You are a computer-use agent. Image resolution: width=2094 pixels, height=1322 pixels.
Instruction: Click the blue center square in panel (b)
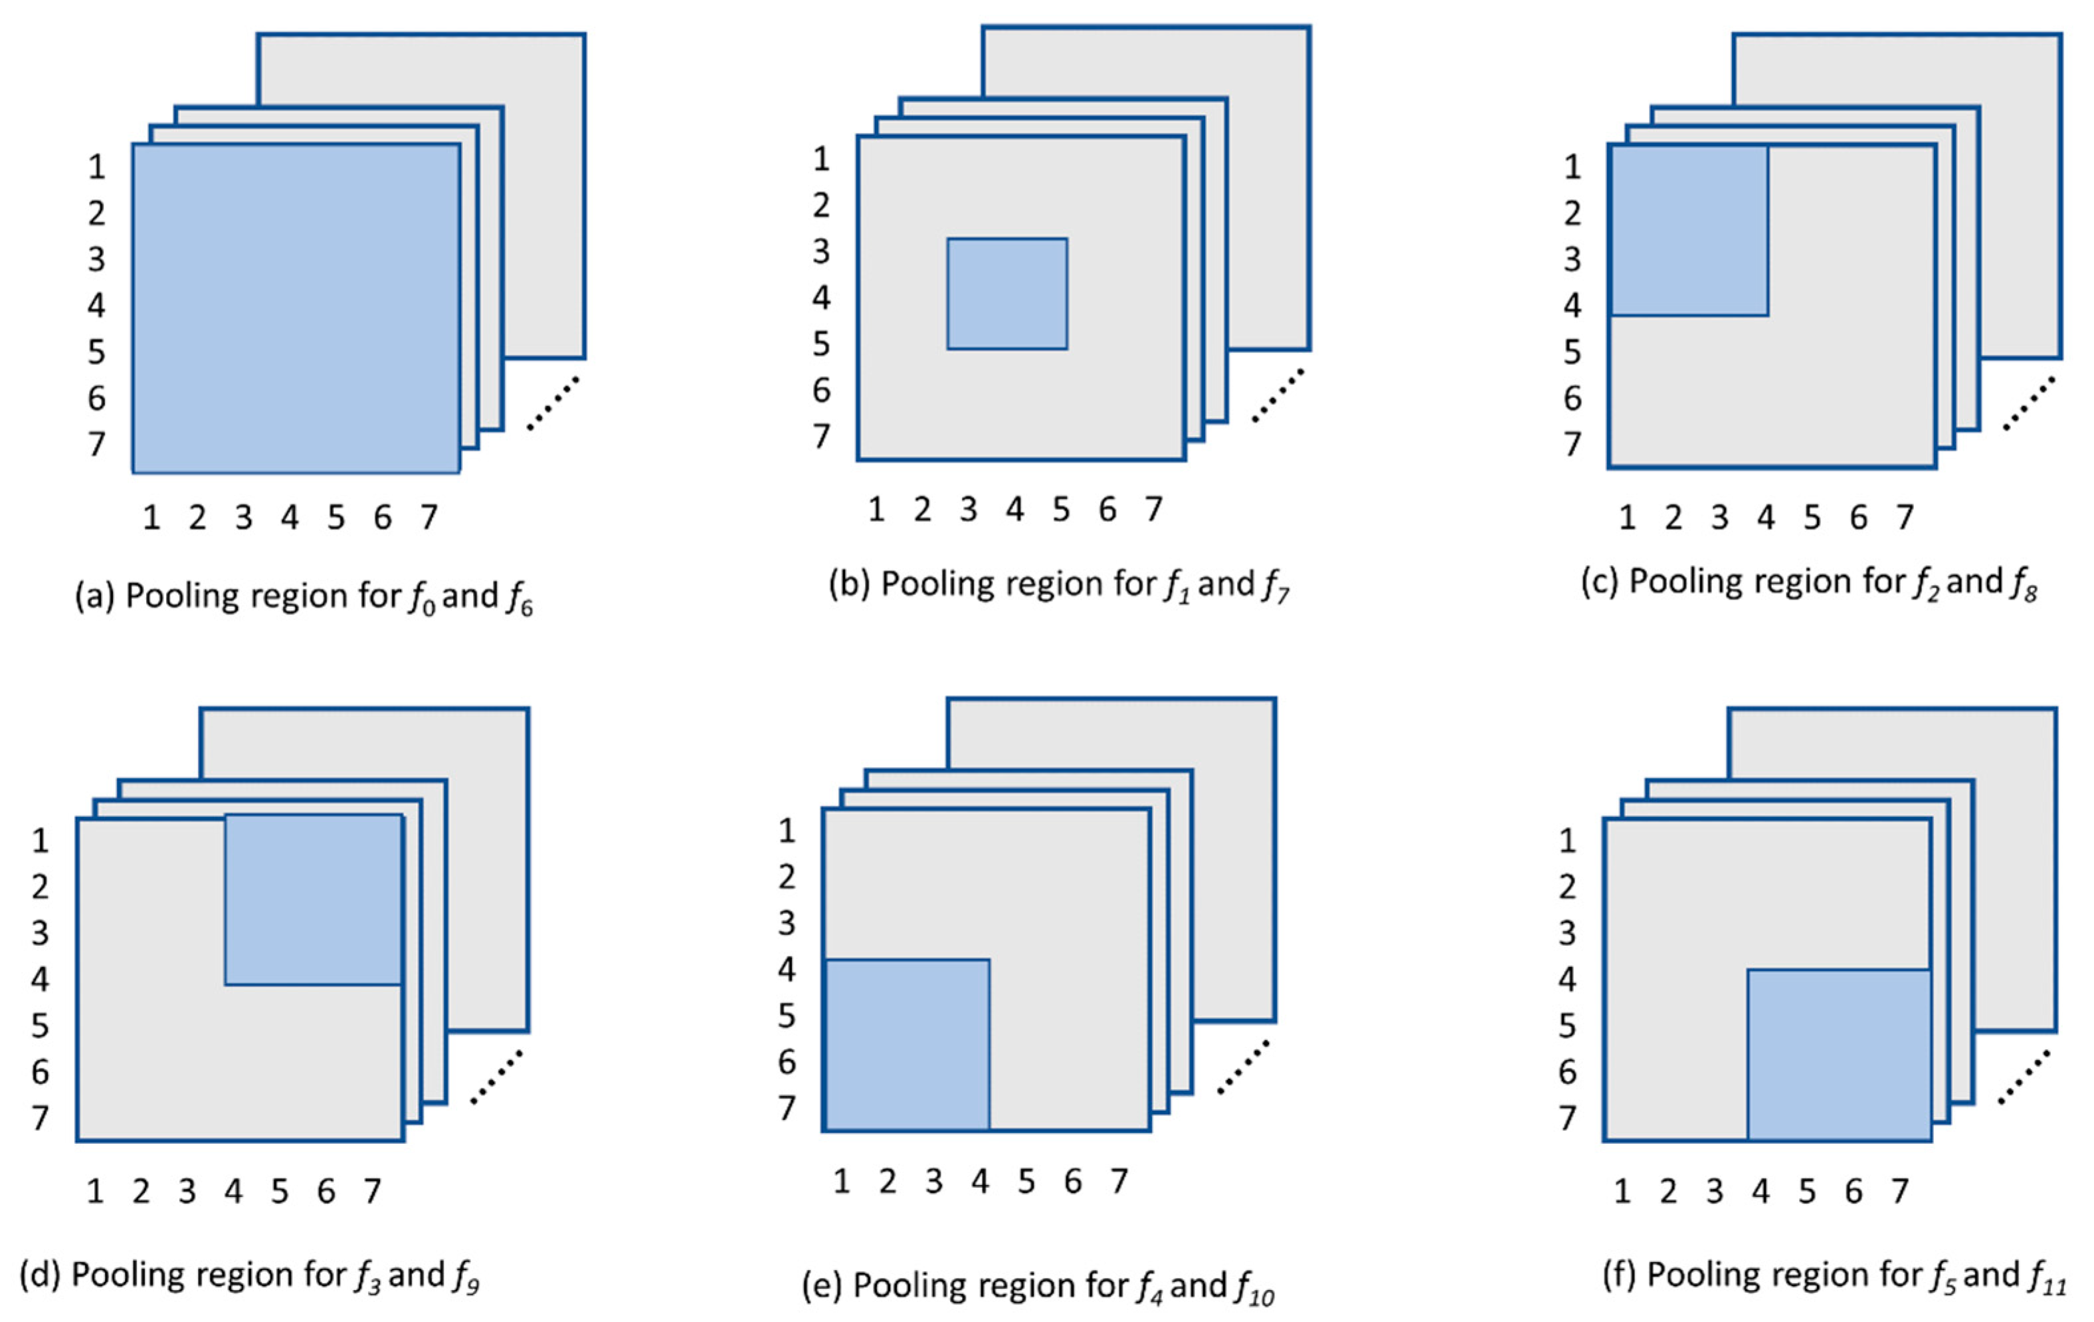1007,294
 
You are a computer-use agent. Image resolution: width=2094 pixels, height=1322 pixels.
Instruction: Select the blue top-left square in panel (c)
1689,231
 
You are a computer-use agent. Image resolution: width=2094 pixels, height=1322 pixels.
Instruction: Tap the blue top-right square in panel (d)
313,900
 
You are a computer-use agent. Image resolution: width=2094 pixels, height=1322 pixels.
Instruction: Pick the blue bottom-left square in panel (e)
907,1045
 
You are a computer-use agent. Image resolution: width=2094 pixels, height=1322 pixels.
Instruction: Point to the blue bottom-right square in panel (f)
1839,1055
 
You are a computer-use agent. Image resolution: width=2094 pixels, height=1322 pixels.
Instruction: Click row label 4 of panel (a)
96,305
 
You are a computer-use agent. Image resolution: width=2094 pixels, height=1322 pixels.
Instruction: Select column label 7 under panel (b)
1153,510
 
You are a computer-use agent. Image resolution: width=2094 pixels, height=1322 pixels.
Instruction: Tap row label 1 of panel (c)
1572,167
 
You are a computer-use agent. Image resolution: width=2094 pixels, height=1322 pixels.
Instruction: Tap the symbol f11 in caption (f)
2047,1277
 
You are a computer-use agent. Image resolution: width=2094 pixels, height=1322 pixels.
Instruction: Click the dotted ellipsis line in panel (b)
1278,395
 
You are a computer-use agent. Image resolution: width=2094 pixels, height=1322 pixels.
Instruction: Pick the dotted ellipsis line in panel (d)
496,1077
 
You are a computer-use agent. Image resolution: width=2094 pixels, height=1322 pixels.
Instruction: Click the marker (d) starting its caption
40,1275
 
